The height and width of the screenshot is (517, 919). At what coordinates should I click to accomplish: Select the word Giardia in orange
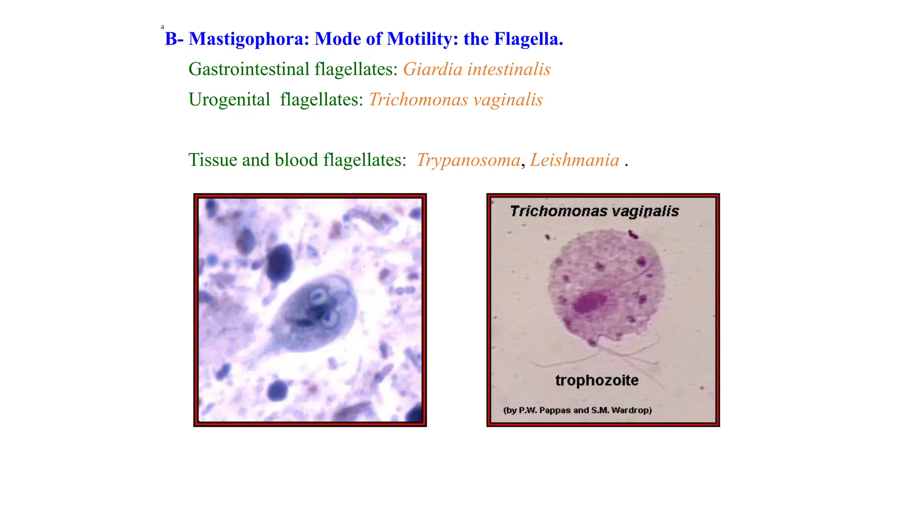[433, 70]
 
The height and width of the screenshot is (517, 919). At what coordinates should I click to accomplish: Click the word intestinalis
[509, 70]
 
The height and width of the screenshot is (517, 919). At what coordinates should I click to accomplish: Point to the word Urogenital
[229, 100]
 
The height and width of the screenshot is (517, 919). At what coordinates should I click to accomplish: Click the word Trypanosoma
[468, 160]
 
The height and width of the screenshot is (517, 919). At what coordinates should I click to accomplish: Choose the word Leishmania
[574, 160]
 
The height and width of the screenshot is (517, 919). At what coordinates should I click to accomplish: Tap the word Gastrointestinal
[249, 70]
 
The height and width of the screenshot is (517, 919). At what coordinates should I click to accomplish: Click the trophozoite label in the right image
[597, 381]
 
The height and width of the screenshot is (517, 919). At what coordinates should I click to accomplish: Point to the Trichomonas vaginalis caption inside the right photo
[594, 211]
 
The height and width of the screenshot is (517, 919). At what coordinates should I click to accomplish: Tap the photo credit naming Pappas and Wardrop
[577, 410]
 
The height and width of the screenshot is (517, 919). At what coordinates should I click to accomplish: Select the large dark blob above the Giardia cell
[279, 263]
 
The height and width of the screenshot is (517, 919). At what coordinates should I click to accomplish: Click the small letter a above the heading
[162, 27]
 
